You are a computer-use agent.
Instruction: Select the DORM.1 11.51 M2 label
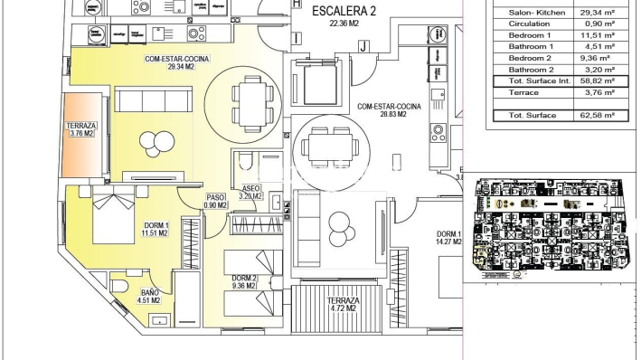coord(156,229)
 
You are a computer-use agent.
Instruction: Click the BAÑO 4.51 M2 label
coord(148,296)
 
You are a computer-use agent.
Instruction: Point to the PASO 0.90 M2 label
coord(215,201)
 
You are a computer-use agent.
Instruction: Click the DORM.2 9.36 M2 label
coord(243,281)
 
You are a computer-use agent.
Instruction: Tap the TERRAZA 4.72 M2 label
coord(343,305)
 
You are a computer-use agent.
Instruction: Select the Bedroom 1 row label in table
coord(531,34)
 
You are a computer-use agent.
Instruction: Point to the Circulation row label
coord(530,23)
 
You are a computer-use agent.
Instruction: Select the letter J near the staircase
coord(362,45)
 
